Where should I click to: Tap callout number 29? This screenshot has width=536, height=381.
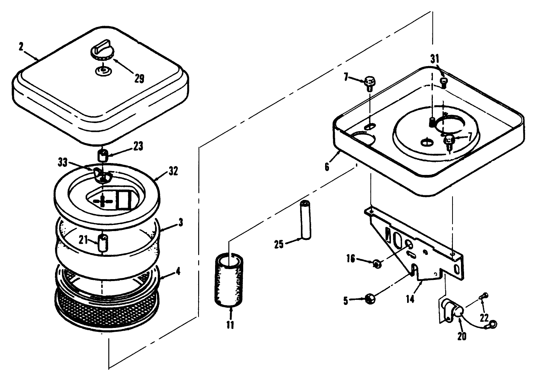(x=139, y=79)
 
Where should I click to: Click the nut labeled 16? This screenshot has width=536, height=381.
(x=378, y=264)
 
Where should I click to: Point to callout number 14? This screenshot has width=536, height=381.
(x=411, y=299)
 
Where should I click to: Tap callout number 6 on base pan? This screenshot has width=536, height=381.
(x=327, y=167)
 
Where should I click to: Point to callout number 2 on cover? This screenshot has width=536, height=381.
(x=21, y=47)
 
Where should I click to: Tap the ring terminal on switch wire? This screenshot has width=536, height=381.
(x=493, y=326)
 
